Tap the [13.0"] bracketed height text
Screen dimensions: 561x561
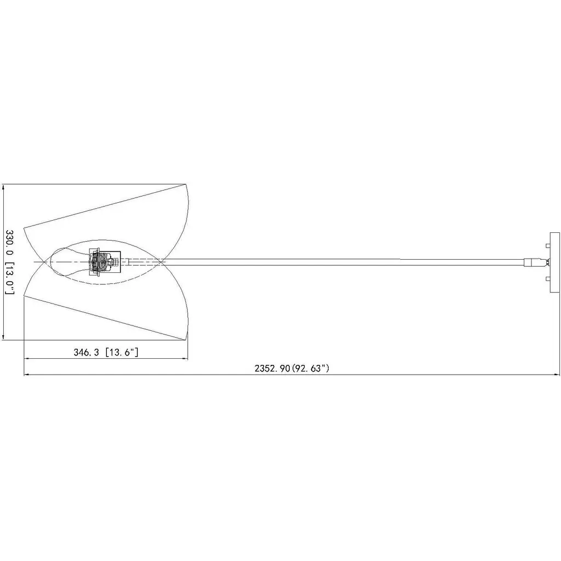pos(10,278)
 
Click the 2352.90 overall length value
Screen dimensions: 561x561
pos(272,369)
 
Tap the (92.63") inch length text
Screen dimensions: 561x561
pos(311,369)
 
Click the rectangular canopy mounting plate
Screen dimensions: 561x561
pos(554,262)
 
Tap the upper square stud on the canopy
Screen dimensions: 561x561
pos(547,246)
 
